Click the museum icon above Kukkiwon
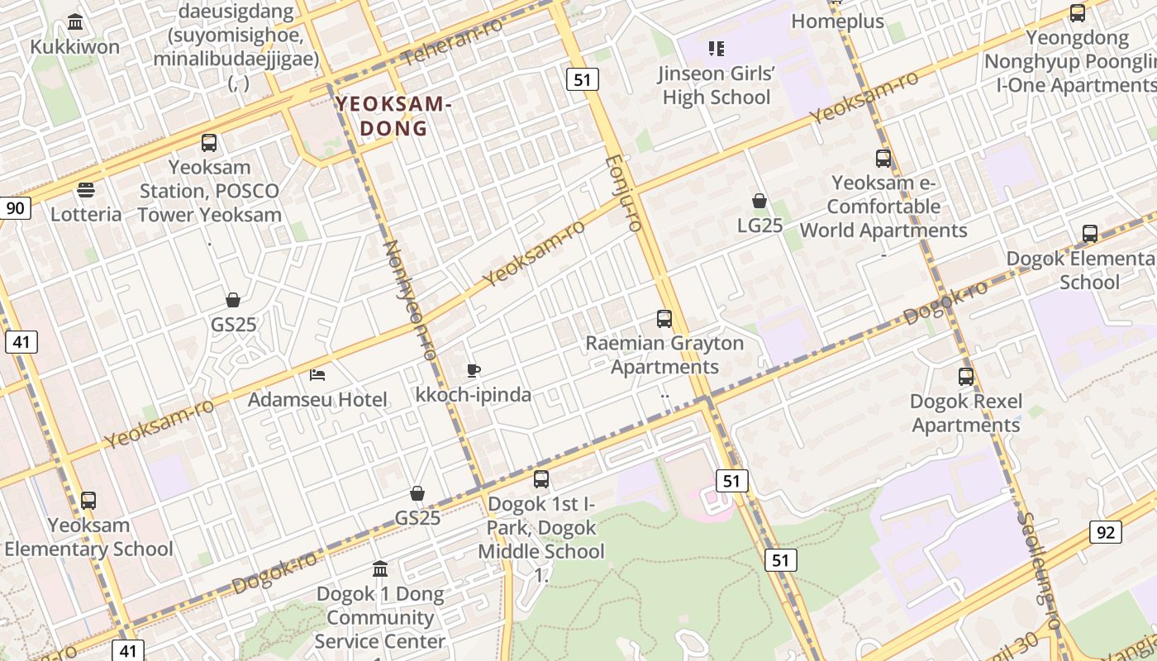pos(75,21)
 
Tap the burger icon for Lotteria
pos(85,190)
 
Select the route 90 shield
pos(15,207)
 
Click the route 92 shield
pos(1106,531)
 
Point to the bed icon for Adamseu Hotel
pos(317,375)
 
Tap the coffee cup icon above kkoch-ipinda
pos(474,370)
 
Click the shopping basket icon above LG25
pos(759,201)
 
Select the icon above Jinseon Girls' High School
pos(717,49)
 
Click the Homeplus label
pos(837,21)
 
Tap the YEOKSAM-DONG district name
pos(394,117)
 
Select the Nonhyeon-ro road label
pos(409,300)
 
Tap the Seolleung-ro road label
pos(1039,571)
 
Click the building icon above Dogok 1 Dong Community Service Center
pos(380,568)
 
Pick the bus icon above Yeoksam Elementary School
pos(88,500)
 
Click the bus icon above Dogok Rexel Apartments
pos(965,377)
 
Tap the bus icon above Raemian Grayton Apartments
pos(664,318)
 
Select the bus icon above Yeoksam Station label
pos(209,142)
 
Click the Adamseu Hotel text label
pos(317,400)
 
